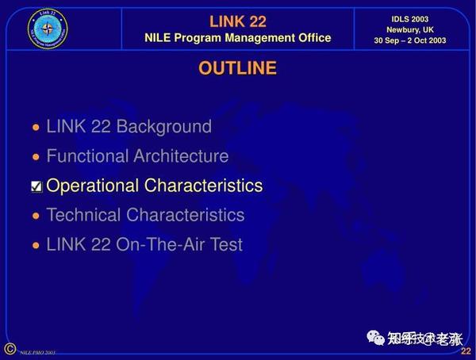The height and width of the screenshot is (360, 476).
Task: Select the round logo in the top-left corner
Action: pyautogui.click(x=49, y=28)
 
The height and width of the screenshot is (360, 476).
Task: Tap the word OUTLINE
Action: pyautogui.click(x=237, y=68)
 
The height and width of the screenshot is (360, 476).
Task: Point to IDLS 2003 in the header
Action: pyautogui.click(x=410, y=17)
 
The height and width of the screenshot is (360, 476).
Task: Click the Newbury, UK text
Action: pyautogui.click(x=410, y=29)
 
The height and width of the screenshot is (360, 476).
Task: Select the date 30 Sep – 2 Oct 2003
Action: pyautogui.click(x=410, y=41)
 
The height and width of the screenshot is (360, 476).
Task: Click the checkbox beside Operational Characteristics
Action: pyautogui.click(x=36, y=187)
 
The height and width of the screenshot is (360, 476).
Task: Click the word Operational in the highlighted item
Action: pyautogui.click(x=93, y=186)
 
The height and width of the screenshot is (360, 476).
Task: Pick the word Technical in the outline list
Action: pyautogui.click(x=83, y=215)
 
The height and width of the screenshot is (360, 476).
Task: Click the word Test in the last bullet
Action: pyautogui.click(x=225, y=244)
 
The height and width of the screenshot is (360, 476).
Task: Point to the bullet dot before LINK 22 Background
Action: pyautogui.click(x=35, y=128)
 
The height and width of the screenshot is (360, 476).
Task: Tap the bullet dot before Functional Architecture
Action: pyautogui.click(x=35, y=157)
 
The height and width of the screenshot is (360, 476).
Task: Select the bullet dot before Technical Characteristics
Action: pyautogui.click(x=35, y=216)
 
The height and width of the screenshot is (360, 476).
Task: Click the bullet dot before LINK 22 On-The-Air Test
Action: pyautogui.click(x=35, y=245)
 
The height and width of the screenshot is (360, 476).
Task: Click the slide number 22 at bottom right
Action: pyautogui.click(x=466, y=351)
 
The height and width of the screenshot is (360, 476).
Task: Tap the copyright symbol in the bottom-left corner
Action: pyautogui.click(x=10, y=349)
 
